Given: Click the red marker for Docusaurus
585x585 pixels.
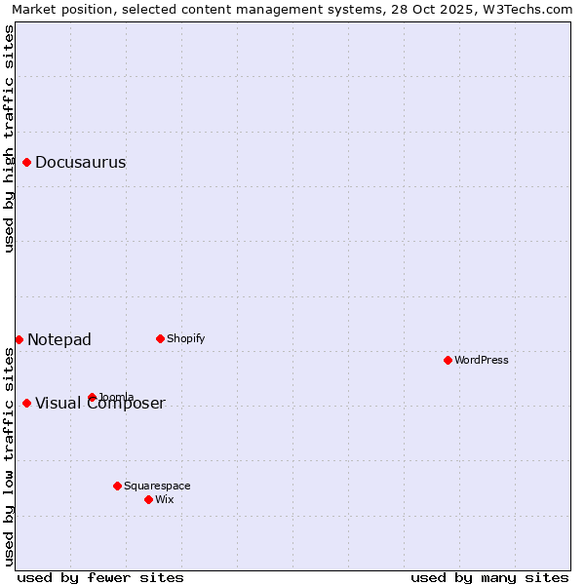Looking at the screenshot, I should click(x=27, y=162).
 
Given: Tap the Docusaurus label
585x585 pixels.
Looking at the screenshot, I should click(x=80, y=163).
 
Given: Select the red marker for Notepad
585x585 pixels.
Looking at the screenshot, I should click(x=19, y=339).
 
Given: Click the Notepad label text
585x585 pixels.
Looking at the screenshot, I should click(x=59, y=340).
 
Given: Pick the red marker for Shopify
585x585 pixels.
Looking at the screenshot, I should click(x=160, y=338).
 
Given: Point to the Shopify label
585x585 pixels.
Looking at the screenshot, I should click(x=185, y=339).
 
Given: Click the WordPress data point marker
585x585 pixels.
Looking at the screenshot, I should click(x=448, y=360).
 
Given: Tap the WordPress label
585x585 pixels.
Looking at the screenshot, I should click(x=481, y=361).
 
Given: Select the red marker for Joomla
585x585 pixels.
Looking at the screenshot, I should click(x=92, y=397).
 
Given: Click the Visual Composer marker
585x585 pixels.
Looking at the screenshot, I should click(x=26, y=403).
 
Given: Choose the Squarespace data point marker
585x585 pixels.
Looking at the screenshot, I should click(x=117, y=486).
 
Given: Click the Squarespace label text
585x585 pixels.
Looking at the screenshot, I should click(x=157, y=487).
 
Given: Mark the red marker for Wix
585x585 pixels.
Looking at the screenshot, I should click(x=148, y=499).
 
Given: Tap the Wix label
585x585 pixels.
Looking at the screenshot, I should click(x=165, y=500).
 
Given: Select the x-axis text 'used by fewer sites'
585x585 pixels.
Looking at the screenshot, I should click(x=100, y=577).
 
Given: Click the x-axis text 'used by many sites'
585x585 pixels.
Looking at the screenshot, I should click(x=489, y=577).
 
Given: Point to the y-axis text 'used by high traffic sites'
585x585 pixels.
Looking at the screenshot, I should click(x=9, y=138).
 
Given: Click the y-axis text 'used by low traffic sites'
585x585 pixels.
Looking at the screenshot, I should click(x=9, y=456).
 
